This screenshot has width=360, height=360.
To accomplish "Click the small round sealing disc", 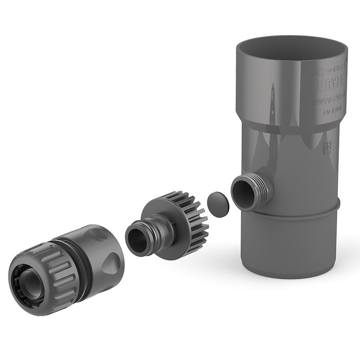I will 218,204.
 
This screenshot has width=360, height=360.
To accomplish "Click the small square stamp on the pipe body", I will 327,147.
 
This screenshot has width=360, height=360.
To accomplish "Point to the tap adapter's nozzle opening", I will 136,240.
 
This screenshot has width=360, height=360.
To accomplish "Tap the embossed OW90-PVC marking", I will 330,101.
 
